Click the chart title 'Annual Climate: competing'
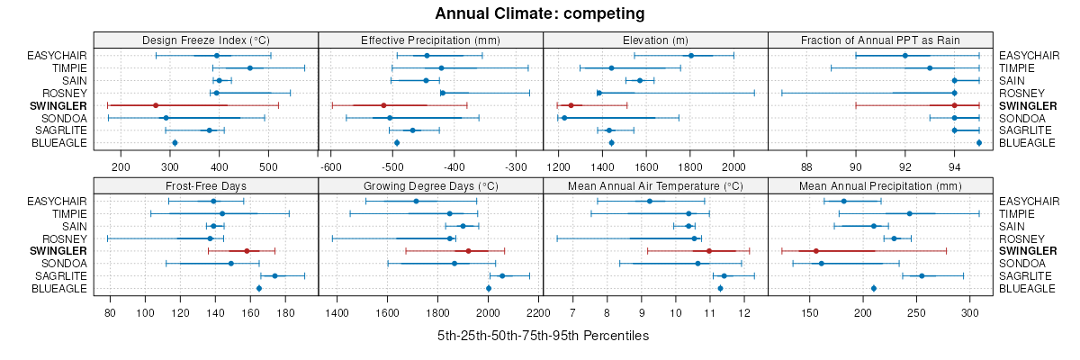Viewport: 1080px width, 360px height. (x=539, y=13)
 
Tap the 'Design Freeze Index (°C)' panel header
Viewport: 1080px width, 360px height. (x=206, y=40)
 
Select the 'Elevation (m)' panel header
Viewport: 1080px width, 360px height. (x=655, y=40)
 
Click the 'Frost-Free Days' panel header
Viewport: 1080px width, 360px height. (x=206, y=186)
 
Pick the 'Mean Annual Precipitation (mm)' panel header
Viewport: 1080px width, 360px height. (x=880, y=186)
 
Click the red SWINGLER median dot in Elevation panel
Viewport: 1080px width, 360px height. (x=571, y=105)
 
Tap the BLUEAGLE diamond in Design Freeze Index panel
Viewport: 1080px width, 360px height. (x=175, y=143)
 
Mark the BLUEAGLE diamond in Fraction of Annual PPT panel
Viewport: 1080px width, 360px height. (x=979, y=143)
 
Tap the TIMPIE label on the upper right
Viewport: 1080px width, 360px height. (x=1017, y=68)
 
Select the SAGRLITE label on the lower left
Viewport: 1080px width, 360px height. (x=60, y=275)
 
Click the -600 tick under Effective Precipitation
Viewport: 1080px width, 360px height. (x=330, y=166)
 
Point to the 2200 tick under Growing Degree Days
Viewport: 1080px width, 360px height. (x=538, y=312)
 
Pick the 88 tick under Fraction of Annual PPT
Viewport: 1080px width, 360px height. (x=806, y=166)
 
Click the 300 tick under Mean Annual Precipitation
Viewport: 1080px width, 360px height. (x=970, y=312)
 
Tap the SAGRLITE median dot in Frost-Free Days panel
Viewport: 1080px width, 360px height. (x=274, y=275)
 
